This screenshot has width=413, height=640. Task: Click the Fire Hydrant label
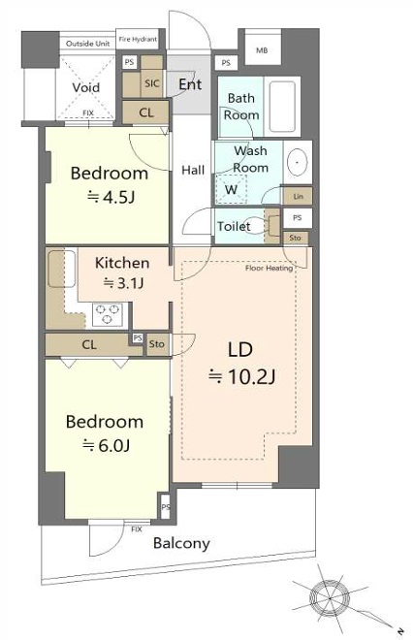[x=138, y=39]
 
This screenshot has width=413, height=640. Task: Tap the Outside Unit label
[x=88, y=44]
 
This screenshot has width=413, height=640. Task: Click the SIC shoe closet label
[x=152, y=83]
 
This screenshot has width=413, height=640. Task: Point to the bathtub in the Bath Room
[x=282, y=107]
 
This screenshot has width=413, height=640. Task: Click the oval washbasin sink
[x=298, y=163]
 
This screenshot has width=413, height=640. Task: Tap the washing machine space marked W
[x=231, y=189]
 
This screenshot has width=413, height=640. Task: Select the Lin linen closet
[x=298, y=196]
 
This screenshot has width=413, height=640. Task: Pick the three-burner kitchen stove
[x=108, y=314]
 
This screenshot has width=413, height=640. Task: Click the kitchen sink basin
[x=62, y=269]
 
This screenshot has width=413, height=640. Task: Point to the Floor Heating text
[x=269, y=269]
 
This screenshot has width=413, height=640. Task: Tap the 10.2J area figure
[x=242, y=377]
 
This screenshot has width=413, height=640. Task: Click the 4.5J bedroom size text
[x=111, y=198]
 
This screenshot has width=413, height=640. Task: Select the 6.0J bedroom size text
[x=107, y=445]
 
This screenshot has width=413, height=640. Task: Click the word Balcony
[x=181, y=543]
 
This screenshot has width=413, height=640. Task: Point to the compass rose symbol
[x=330, y=598]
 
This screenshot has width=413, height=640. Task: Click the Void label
[x=85, y=87]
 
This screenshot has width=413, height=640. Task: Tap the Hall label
[x=193, y=170]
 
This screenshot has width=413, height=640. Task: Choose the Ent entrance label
[x=190, y=84]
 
